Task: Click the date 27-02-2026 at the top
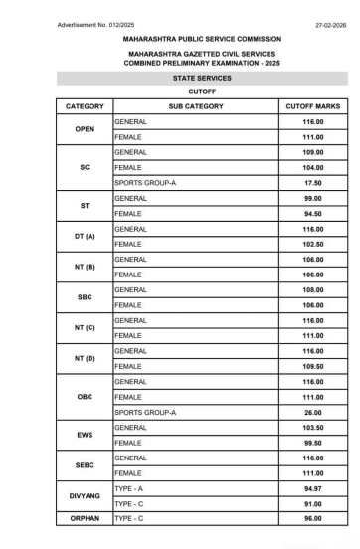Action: click(x=330, y=23)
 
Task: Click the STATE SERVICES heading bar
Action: click(x=180, y=77)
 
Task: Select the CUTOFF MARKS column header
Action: click(x=312, y=105)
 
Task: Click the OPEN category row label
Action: click(x=85, y=129)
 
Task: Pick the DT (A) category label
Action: click(x=85, y=236)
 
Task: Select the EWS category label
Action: click(x=85, y=435)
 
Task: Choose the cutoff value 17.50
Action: click(x=312, y=183)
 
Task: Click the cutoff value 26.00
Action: click(x=312, y=412)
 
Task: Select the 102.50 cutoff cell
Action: click(x=312, y=244)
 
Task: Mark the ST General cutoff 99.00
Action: click(x=312, y=198)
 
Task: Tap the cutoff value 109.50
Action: click(x=312, y=366)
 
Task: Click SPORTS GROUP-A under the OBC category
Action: click(x=145, y=412)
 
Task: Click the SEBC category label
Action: click(x=85, y=465)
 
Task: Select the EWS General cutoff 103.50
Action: click(x=312, y=427)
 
